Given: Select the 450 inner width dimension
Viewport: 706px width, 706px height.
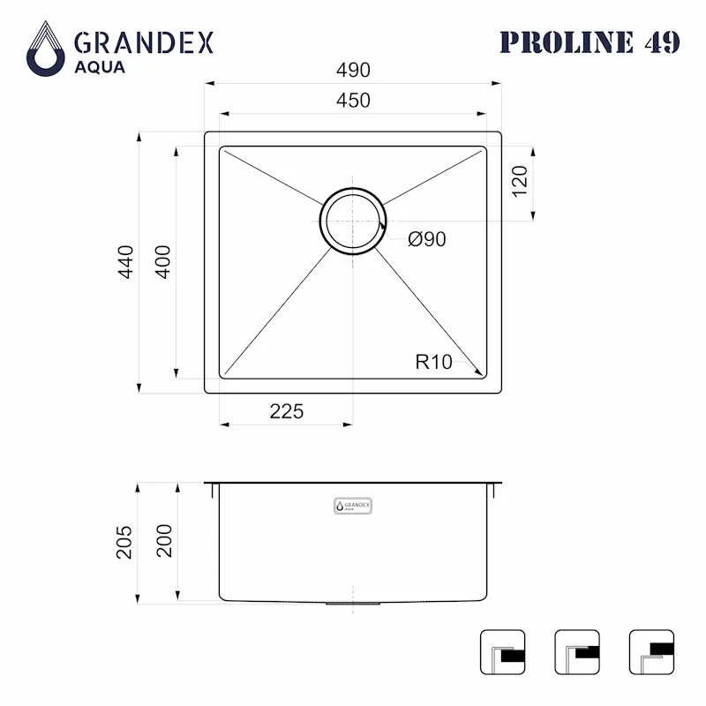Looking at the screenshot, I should point(352,101).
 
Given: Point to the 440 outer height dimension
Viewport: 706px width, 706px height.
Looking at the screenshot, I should point(126,262).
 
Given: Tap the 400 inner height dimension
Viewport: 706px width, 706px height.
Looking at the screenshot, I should point(163,262).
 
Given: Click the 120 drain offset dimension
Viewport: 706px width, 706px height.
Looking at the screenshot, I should point(520,181).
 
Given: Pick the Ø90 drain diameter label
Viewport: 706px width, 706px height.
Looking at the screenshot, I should point(426,239).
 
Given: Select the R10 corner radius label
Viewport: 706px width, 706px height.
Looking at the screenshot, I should point(433,361).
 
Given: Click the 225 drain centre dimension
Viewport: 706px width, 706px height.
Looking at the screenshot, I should point(286,411).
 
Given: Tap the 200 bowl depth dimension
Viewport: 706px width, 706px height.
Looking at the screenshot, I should point(163,542).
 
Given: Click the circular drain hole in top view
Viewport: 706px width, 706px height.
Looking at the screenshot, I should point(353,222).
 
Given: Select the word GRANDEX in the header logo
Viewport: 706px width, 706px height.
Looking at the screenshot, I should point(143,41).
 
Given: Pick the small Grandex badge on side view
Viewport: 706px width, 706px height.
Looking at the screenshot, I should point(353,506).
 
